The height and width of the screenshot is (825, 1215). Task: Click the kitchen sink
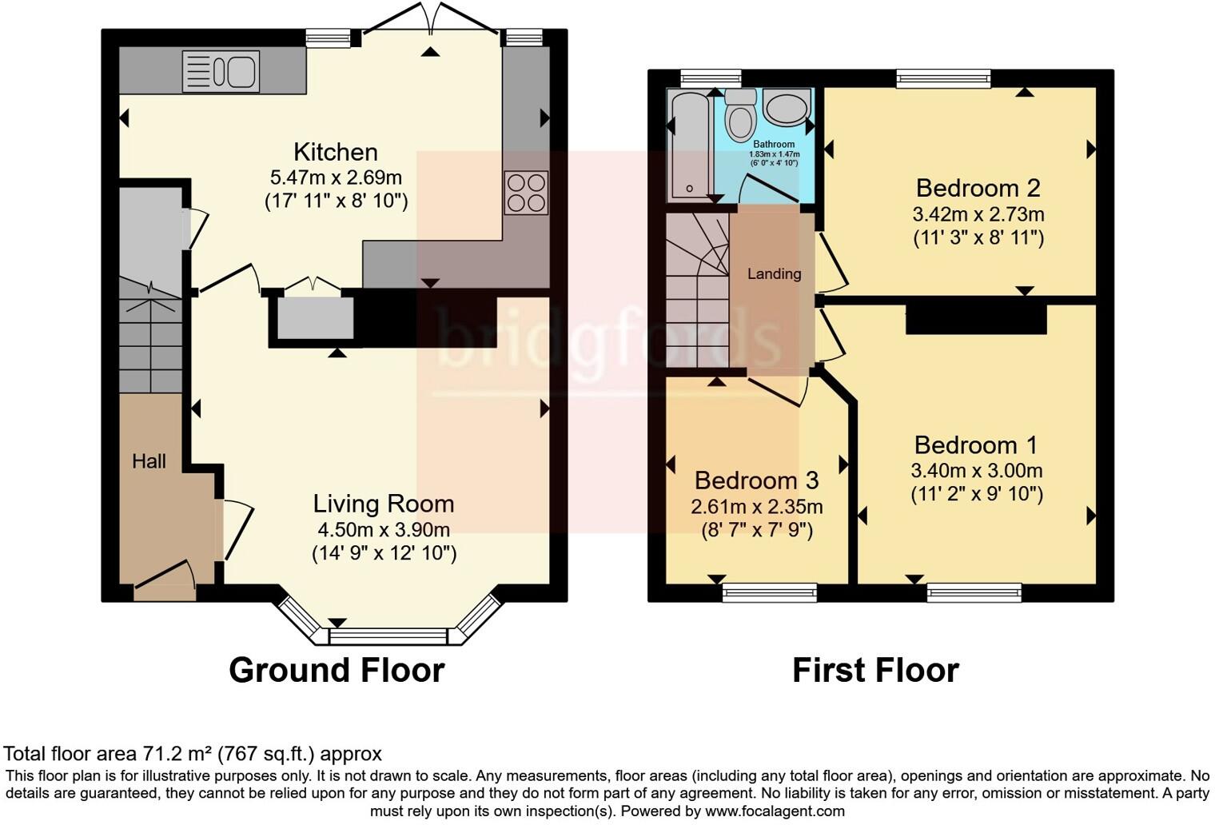221,71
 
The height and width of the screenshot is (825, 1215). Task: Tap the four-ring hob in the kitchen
526,193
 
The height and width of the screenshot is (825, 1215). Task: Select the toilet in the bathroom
741,117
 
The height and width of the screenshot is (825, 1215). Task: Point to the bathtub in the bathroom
689,144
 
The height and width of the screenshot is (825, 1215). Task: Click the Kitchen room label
335,152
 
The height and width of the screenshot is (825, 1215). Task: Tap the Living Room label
383,504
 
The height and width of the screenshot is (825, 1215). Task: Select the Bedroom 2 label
978,188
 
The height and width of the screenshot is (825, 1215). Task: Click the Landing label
774,273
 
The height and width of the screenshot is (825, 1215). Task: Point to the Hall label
149,461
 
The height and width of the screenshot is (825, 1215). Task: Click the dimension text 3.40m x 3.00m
976,471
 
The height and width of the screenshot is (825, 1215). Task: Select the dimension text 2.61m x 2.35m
756,506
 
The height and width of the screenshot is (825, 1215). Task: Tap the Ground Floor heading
337,670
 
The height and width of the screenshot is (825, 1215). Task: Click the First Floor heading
875,670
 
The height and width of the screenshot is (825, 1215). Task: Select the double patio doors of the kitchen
431,20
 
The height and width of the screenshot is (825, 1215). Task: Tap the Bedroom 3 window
770,592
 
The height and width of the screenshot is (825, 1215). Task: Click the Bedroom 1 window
974,592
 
